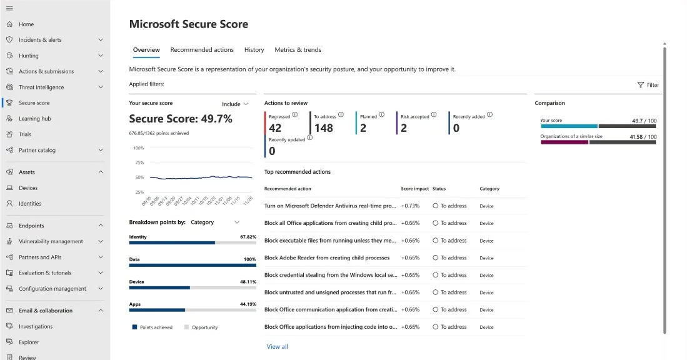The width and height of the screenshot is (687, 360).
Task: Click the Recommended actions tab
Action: pos(202,50)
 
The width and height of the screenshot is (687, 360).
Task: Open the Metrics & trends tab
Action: pos(298,50)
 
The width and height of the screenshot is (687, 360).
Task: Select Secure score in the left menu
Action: pos(34,103)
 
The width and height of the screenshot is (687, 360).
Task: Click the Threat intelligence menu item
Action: pos(41,87)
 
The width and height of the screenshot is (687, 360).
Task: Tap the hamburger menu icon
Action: pos(9,8)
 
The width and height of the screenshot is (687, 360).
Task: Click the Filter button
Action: pos(648,85)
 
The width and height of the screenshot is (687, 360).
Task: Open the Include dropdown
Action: pos(235,104)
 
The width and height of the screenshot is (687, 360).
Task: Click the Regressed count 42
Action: pos(275,128)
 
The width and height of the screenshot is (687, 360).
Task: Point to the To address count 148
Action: pos(323,128)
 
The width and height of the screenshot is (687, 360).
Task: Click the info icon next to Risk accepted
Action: pos(434,115)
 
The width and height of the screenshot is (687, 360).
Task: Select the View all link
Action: pos(277,347)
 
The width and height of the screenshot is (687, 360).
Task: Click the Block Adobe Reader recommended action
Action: pos(327,258)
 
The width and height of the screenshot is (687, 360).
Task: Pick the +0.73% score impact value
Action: pos(410,206)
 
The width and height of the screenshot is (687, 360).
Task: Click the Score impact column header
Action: pos(414,189)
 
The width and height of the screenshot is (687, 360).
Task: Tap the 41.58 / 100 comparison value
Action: pos(643,137)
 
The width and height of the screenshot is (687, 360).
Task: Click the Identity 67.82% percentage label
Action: pos(248,237)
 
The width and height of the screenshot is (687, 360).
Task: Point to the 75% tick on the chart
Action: pos(139,163)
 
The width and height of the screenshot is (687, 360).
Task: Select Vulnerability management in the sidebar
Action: pos(51,242)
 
